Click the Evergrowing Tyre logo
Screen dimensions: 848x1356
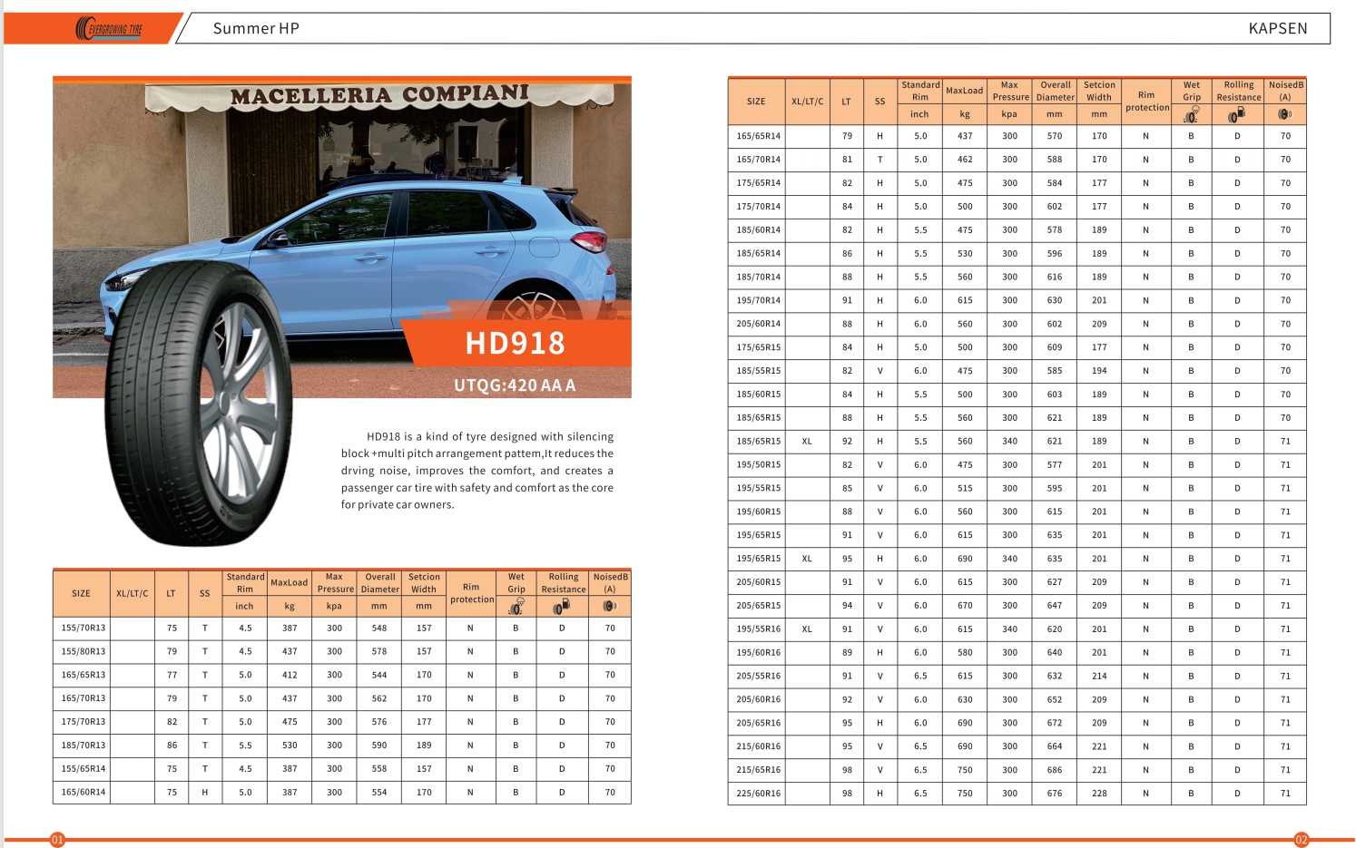tap(109, 29)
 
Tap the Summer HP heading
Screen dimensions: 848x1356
tap(255, 29)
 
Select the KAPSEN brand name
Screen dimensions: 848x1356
tap(1277, 29)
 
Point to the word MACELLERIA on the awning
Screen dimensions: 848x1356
tap(309, 96)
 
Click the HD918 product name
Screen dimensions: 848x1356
tap(515, 344)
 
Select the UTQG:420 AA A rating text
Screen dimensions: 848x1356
tap(515, 385)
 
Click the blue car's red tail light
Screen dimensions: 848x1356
tap(590, 241)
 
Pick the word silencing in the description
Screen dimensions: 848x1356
tap(590, 437)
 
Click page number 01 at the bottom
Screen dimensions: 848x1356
tap(57, 840)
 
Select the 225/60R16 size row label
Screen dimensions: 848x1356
tap(758, 794)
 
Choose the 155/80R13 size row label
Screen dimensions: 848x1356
tap(83, 652)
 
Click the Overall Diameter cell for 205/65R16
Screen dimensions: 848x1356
tap(1054, 723)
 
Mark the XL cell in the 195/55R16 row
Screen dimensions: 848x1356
tap(806, 629)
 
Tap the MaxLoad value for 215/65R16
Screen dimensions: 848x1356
tap(964, 770)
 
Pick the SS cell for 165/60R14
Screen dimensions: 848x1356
tap(204, 793)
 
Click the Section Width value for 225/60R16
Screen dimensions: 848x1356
tap(1099, 794)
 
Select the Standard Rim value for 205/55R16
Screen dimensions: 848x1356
tap(920, 677)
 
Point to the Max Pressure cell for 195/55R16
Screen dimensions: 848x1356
tap(1009, 629)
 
